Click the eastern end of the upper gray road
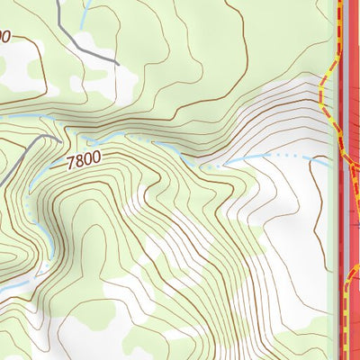pyautogui.click(x=118, y=62)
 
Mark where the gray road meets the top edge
pyautogui.click(x=58, y=2)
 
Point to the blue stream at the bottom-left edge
pyautogui.click(x=4, y=290)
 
